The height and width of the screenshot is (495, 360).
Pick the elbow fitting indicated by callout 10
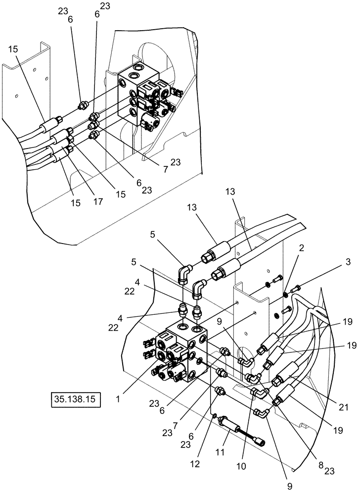click(x=260, y=393)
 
